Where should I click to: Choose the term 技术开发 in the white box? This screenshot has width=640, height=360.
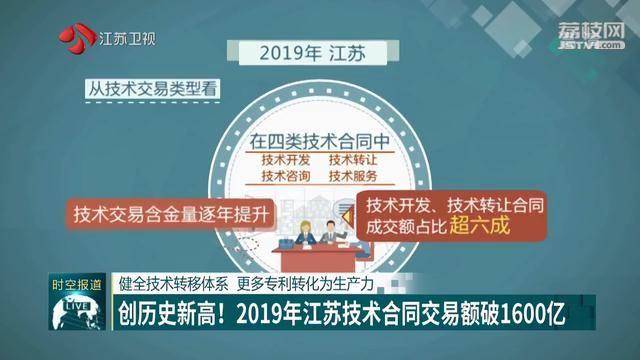point(285,159)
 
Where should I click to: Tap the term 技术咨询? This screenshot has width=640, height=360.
point(285,177)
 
